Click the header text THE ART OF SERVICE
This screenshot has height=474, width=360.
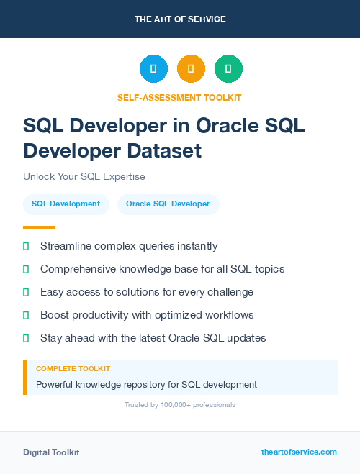[x=180, y=19]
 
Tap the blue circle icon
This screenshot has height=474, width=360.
[x=153, y=69]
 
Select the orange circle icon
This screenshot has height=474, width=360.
[x=191, y=69]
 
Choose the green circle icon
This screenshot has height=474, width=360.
[x=228, y=69]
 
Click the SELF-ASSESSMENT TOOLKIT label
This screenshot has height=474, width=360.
[x=179, y=97]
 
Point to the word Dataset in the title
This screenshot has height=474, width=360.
[x=166, y=151]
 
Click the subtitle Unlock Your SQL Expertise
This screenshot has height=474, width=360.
[x=84, y=176]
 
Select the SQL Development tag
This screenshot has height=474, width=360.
[x=66, y=204]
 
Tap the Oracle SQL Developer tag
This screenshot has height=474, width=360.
[x=168, y=204]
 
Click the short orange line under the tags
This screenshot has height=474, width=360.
[x=39, y=227]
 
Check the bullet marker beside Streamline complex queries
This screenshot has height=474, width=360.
[x=26, y=246]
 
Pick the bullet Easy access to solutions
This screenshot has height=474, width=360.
[x=147, y=292]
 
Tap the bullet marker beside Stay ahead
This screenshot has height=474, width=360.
[x=26, y=338]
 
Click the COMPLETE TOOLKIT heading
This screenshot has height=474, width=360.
[x=73, y=368]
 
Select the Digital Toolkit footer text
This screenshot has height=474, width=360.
[x=51, y=452]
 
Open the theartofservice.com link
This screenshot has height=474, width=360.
[x=299, y=452]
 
